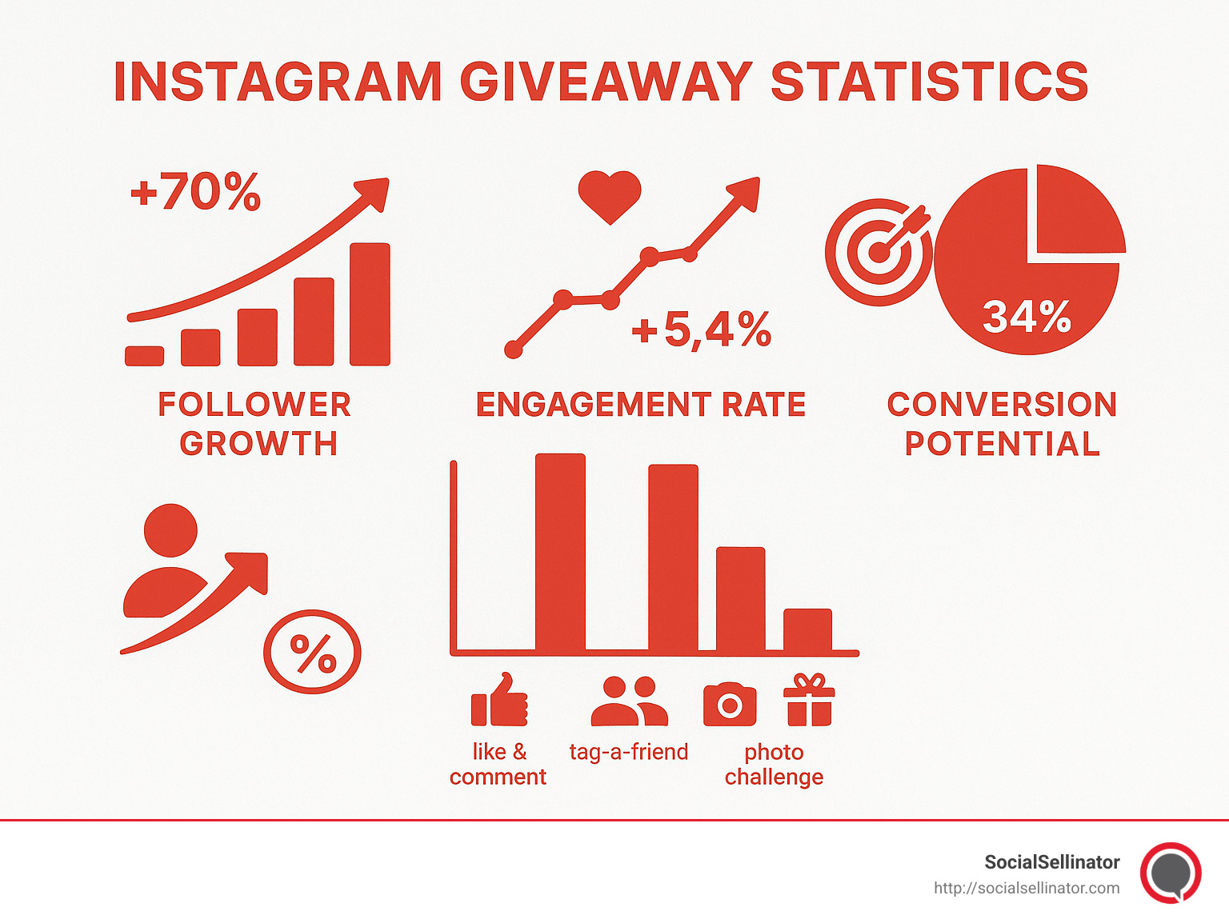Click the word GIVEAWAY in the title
click(x=606, y=82)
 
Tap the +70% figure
click(x=195, y=192)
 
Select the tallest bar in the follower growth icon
click(x=370, y=304)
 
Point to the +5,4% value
click(x=702, y=330)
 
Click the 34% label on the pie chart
click(x=1027, y=317)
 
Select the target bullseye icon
click(x=879, y=252)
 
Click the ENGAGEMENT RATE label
click(x=640, y=405)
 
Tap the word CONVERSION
click(x=1002, y=405)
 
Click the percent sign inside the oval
click(x=313, y=653)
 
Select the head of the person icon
click(x=170, y=530)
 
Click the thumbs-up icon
click(x=499, y=700)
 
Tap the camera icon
click(x=729, y=704)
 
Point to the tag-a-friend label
click(x=629, y=752)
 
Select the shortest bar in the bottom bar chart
click(x=807, y=630)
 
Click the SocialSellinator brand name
click(x=1051, y=862)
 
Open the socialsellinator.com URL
click(x=1027, y=888)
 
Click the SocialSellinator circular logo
click(x=1171, y=873)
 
